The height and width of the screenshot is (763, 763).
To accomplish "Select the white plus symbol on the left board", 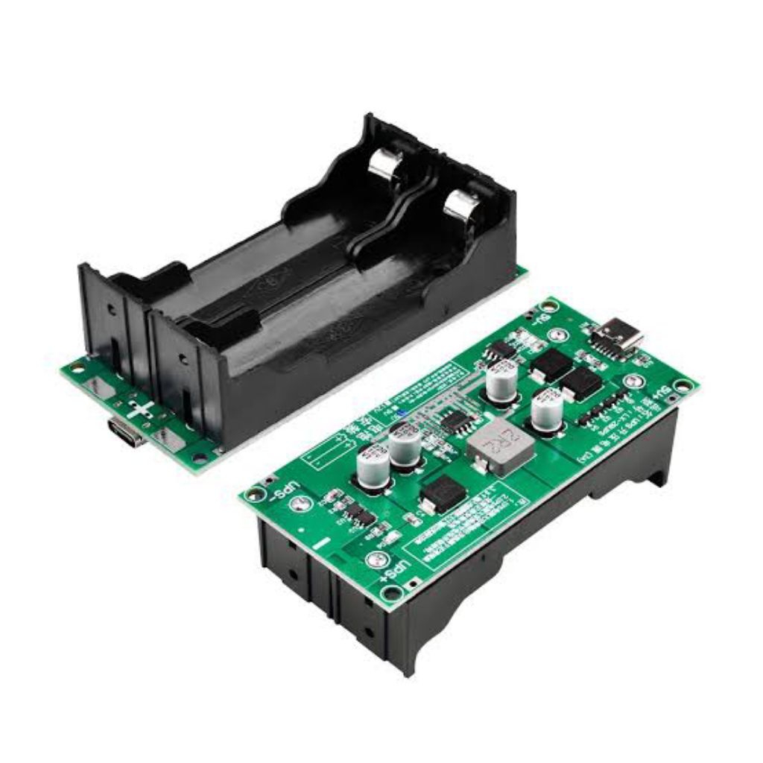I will [142, 409].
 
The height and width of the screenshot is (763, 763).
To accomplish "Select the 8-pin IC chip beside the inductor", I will [454, 422].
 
